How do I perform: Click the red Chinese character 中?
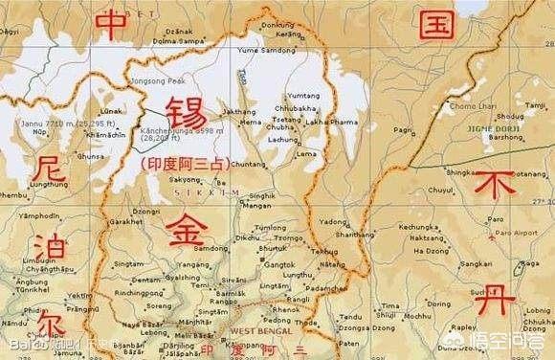[x=114, y=25]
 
